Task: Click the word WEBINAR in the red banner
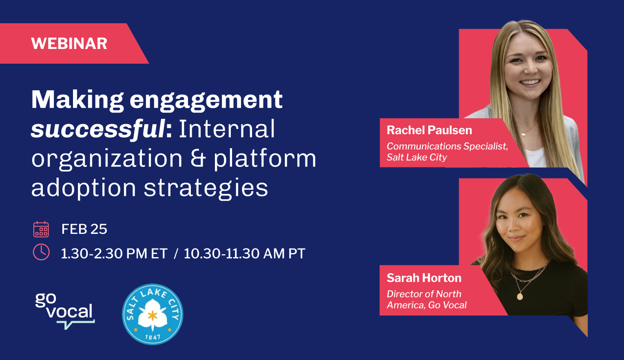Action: tap(69, 44)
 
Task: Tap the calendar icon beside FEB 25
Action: tap(41, 229)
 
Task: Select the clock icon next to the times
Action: tap(41, 252)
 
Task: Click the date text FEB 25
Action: tap(84, 229)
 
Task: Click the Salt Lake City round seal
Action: tap(153, 314)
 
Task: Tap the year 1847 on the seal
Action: tap(153, 337)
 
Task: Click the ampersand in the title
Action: tap(198, 159)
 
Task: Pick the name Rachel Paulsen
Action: tap(429, 130)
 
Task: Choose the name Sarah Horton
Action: tap(424, 278)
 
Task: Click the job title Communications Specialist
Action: tap(447, 146)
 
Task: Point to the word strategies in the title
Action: tap(206, 188)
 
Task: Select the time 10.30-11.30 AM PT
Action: tap(244, 253)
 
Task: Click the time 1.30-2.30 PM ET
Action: tap(114, 253)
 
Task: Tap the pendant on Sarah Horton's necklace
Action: tap(520, 296)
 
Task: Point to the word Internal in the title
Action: tap(227, 129)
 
